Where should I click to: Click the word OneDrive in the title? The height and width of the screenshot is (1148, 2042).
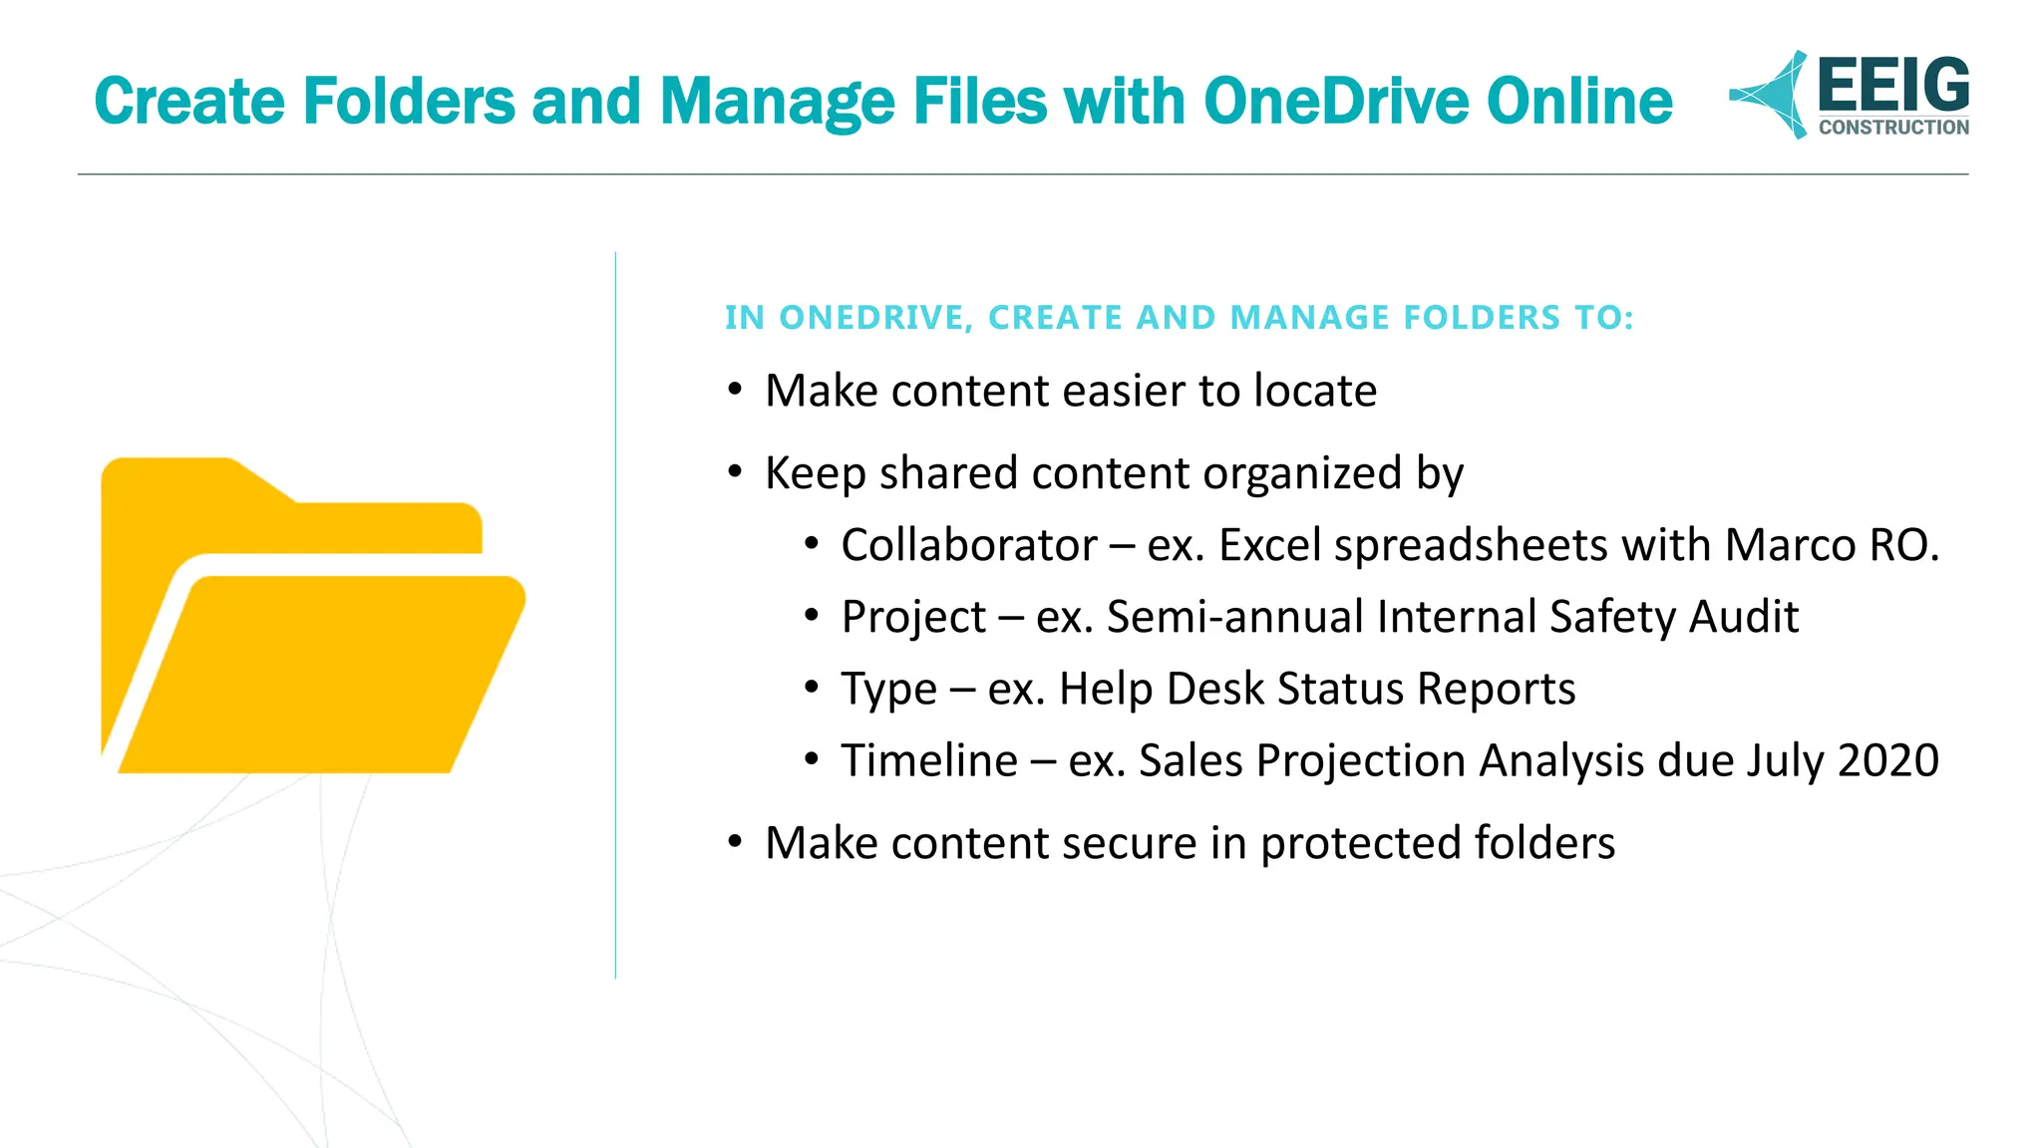coord(1335,102)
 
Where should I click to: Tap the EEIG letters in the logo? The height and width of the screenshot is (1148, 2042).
coord(1892,86)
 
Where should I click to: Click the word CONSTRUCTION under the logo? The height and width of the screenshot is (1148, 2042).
coord(1892,128)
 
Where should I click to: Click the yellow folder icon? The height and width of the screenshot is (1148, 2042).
coord(311,615)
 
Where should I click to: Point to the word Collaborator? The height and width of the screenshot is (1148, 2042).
coord(968,546)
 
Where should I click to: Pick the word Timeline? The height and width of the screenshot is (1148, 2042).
coord(929,761)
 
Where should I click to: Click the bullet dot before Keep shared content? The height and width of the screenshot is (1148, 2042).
coord(735,471)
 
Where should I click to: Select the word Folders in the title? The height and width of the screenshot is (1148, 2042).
coord(408,102)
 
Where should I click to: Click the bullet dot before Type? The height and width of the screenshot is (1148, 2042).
coord(812,688)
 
